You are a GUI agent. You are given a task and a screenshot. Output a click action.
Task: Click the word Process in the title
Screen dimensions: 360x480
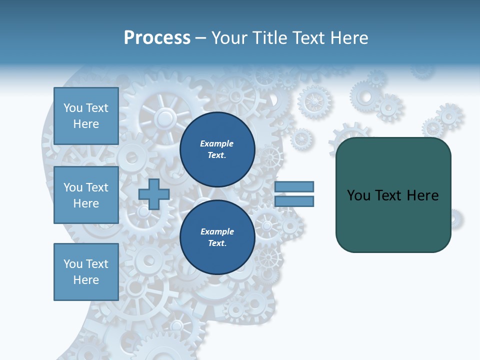click(157, 38)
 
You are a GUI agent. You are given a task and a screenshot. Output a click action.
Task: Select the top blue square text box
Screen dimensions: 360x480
click(86, 116)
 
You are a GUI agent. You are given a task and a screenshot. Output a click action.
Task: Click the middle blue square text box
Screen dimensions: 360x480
click(86, 195)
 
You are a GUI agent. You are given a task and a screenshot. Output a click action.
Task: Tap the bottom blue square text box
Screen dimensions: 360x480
click(86, 272)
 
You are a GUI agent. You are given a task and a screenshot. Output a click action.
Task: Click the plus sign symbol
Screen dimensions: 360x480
click(154, 194)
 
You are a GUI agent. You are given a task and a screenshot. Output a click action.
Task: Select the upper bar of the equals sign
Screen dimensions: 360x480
click(294, 186)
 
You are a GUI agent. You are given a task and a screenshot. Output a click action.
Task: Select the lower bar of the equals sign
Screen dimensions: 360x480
click(294, 201)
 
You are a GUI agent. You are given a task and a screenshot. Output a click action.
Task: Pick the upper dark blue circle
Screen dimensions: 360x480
click(217, 149)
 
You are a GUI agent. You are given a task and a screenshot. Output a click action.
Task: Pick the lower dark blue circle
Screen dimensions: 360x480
click(217, 237)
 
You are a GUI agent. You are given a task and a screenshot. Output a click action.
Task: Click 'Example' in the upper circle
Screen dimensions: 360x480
click(217, 143)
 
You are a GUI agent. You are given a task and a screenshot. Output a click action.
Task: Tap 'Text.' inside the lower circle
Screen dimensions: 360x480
click(217, 243)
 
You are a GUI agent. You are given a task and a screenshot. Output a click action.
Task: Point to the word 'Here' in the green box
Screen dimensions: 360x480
click(422, 195)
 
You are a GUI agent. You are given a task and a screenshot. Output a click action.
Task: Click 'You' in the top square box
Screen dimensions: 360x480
click(73, 108)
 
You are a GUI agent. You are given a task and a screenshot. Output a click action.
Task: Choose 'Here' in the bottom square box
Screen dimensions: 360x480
click(86, 280)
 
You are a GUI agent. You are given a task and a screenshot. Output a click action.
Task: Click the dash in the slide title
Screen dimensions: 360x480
click(200, 38)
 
